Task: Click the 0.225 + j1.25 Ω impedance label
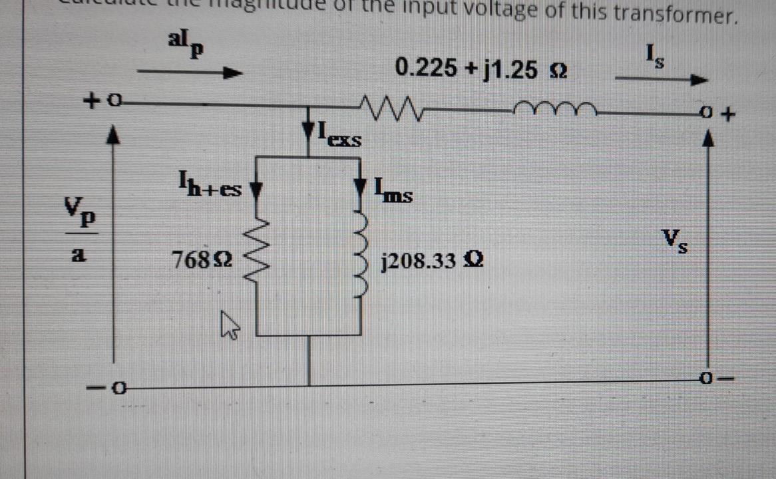point(481,69)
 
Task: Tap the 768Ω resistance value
point(202,259)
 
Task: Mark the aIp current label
point(184,45)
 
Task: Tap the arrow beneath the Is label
point(660,80)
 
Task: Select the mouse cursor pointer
point(228,326)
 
